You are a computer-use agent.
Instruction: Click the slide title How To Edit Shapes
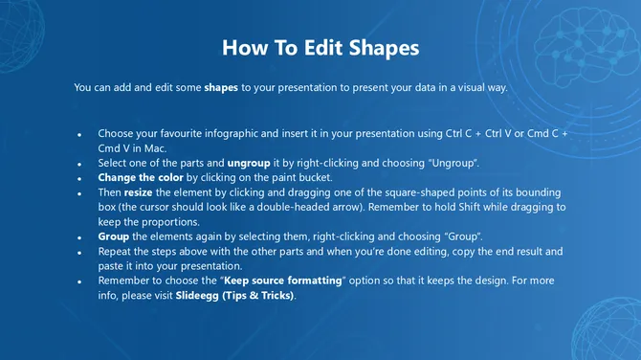pyautogui.click(x=320, y=47)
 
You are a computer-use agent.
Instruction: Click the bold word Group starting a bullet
pyautogui.click(x=114, y=236)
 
